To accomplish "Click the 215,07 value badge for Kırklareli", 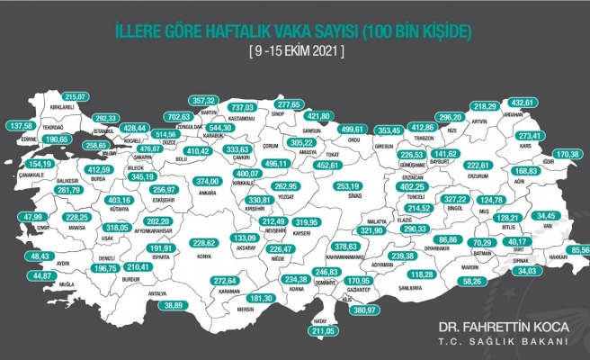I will [79, 96].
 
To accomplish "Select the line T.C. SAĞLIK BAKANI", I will [508, 342].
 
